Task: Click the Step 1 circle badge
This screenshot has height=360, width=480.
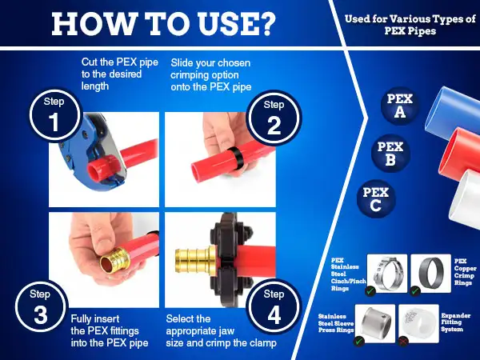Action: click(56, 116)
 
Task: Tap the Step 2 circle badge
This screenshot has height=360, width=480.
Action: click(274, 118)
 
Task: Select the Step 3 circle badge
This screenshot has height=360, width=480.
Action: click(41, 306)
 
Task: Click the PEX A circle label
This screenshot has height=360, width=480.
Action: click(400, 106)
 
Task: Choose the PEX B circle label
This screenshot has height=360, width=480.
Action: click(390, 153)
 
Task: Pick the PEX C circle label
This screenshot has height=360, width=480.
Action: click(376, 198)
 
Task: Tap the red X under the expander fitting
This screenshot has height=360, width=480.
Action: click(404, 341)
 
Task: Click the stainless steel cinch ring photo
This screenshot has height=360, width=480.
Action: click(387, 274)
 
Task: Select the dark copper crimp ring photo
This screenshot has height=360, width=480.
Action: click(430, 274)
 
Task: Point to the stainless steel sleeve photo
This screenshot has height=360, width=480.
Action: click(375, 323)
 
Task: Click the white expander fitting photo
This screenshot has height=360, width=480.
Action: click(418, 323)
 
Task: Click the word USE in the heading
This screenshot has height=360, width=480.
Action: click(226, 24)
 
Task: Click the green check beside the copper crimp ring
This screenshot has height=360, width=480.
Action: click(415, 291)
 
